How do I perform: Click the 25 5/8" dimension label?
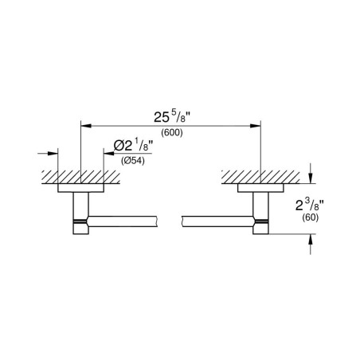click(x=173, y=117)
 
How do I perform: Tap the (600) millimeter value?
click(x=172, y=132)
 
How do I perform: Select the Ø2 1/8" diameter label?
click(x=133, y=145)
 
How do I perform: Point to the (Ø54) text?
click(x=133, y=161)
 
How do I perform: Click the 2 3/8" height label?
click(x=310, y=205)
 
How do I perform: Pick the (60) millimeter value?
click(x=310, y=217)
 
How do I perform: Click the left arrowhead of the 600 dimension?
click(x=86, y=126)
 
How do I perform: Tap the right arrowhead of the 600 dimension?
click(x=256, y=126)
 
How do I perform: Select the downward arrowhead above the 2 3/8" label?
click(x=311, y=178)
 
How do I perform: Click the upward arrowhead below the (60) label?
click(x=311, y=239)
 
